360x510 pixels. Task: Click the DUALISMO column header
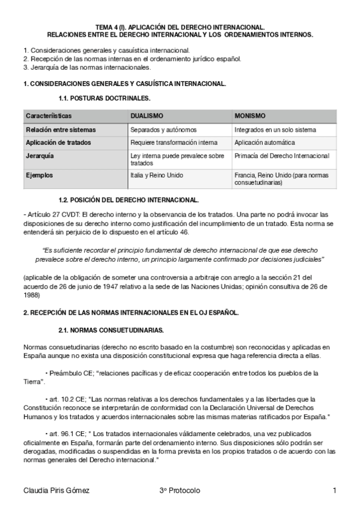pos(147,115)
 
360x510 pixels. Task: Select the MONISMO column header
pos(250,115)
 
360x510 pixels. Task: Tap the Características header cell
pos(49,115)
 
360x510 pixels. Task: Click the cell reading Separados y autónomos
pos(163,129)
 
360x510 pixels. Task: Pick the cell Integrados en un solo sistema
pos(275,129)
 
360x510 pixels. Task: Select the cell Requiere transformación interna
pos(174,143)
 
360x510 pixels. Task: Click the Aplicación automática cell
pos(264,143)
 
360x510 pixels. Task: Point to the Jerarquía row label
pos(40,156)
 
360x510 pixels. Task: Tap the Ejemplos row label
pos(39,176)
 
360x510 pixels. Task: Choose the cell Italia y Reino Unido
pos(157,176)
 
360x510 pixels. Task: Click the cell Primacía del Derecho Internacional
pos(282,156)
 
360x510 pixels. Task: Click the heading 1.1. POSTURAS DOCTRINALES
pos(105,97)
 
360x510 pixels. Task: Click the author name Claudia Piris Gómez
pos(56,491)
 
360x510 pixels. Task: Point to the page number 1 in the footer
pos(334,491)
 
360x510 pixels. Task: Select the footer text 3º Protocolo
pos(179,491)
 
